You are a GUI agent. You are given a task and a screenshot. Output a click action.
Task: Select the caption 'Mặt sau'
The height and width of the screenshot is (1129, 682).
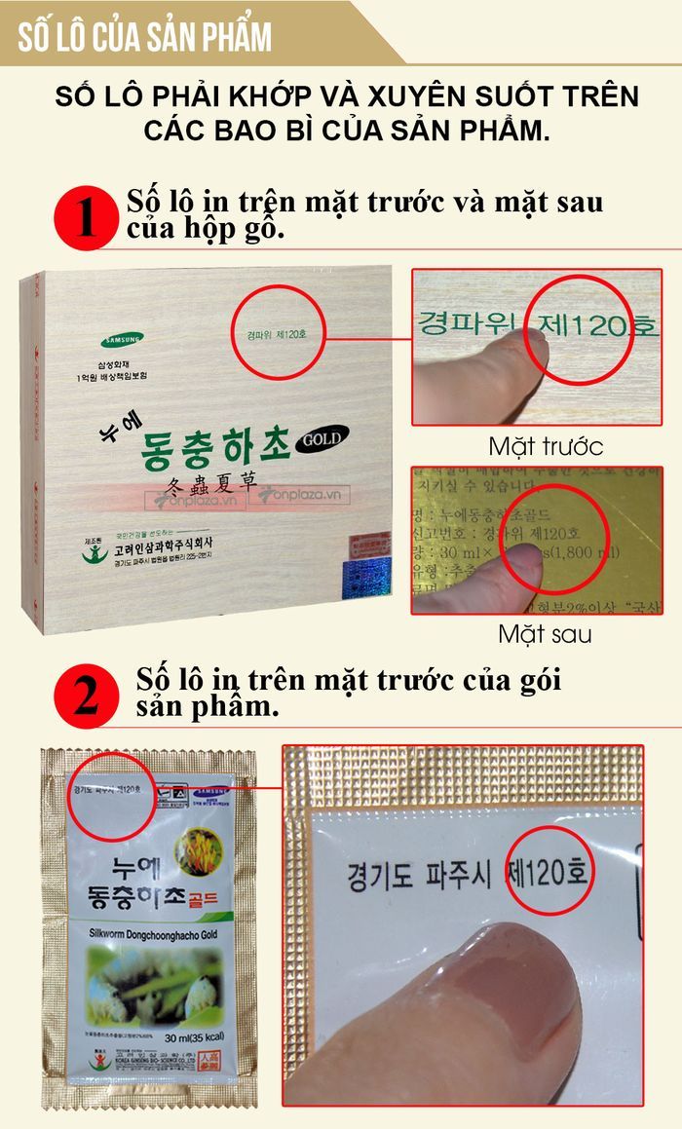[546, 634]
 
